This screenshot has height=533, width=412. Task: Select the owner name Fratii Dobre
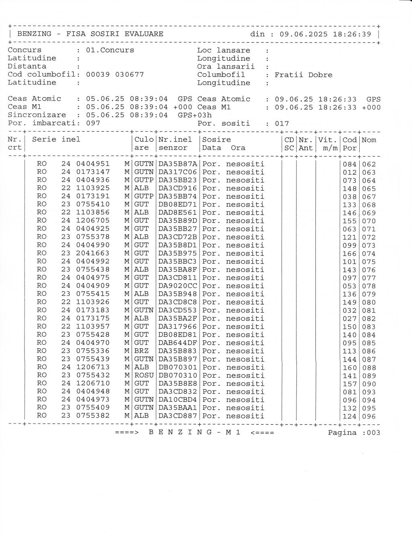pyautogui.click(x=303, y=75)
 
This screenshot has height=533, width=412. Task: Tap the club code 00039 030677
pyautogui.click(x=115, y=74)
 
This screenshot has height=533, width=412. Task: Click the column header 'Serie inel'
pyautogui.click(x=56, y=140)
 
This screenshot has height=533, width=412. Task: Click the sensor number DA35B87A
pyautogui.click(x=177, y=164)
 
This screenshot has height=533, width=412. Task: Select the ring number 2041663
pyautogui.click(x=93, y=253)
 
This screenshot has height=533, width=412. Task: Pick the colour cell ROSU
pyautogui.click(x=144, y=376)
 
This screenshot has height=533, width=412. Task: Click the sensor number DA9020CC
pyautogui.click(x=177, y=286)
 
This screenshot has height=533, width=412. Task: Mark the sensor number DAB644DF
pyautogui.click(x=177, y=343)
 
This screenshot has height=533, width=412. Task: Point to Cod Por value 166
pyautogui.click(x=349, y=254)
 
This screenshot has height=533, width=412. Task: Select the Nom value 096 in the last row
pyautogui.click(x=369, y=416)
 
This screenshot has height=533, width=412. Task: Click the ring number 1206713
pyautogui.click(x=93, y=367)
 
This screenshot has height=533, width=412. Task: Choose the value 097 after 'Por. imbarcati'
pyautogui.click(x=93, y=123)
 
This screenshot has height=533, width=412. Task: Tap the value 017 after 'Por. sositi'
pyautogui.click(x=282, y=123)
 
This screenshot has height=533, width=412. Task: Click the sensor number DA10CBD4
pyautogui.click(x=177, y=400)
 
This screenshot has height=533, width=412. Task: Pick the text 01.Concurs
pyautogui.click(x=110, y=50)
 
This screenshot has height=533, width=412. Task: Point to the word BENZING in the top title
pyautogui.click(x=34, y=34)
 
